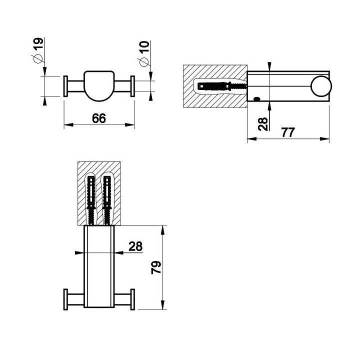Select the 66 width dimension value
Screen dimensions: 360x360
coord(99,118)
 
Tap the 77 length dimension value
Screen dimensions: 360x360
coord(288,132)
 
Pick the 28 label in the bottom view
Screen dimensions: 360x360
coord(135,246)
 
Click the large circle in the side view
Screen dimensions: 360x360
coord(320,87)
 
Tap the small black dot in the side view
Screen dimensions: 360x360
coord(257,99)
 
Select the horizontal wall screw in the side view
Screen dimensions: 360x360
coord(222,86)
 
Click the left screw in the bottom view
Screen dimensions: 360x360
coord(91,197)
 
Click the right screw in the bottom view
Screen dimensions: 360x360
coord(106,197)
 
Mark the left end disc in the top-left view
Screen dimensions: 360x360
coord(65,86)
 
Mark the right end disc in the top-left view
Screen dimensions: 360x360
coord(132,86)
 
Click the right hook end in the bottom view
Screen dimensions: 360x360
coord(132,298)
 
